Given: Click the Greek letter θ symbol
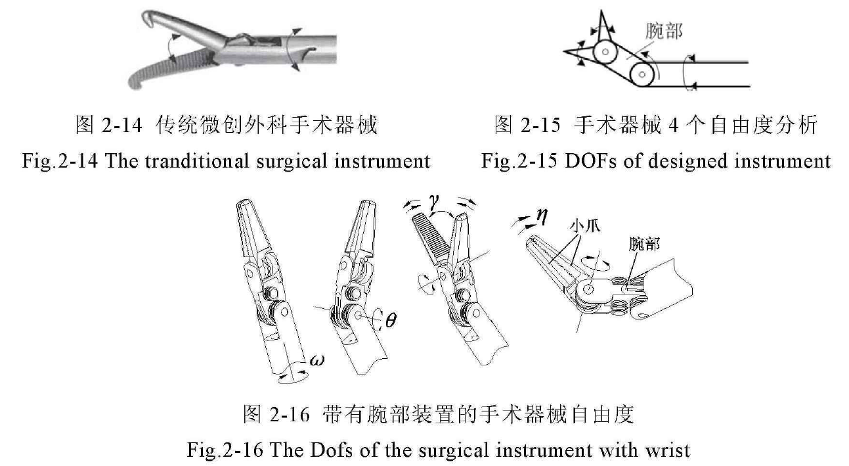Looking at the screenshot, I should point(391,321).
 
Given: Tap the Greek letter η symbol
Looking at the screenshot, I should point(542,214).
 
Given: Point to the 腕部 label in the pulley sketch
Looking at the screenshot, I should point(663,31).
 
